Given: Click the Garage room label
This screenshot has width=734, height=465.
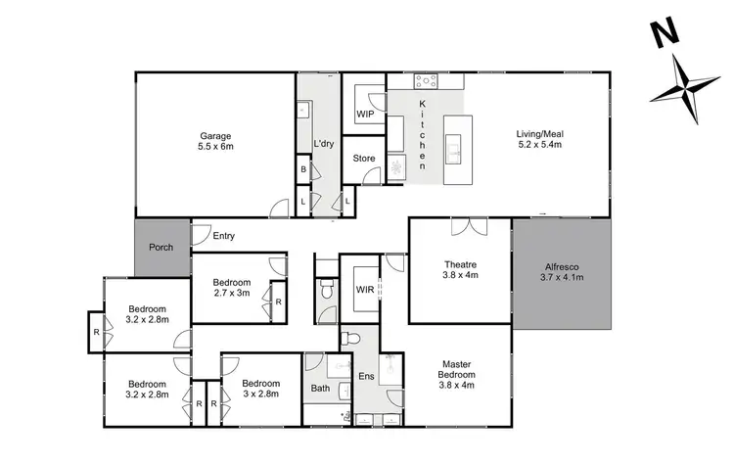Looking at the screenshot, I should point(216,141).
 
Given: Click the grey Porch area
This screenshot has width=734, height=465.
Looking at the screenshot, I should point(161,247).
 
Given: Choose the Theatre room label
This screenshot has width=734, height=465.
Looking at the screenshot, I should point(460,270).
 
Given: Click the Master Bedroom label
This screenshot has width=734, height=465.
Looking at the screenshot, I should point(457,375).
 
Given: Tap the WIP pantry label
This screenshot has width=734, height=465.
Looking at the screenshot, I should point(367,115).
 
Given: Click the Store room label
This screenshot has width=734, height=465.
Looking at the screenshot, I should point(364,158).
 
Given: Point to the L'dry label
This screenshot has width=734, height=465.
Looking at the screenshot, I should point(325,144).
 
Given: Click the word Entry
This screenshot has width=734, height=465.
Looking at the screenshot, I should point(223,236).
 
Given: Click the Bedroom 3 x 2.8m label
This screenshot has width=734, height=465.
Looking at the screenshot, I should point(261,388).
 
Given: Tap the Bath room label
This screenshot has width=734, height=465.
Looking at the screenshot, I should point(321,389).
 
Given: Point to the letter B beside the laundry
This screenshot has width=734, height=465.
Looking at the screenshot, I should point(304,169).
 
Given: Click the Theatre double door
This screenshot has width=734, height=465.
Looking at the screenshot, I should point(468,227).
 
